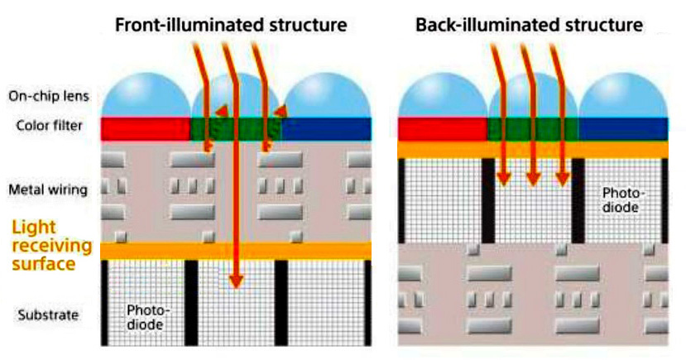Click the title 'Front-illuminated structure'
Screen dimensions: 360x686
tap(231, 25)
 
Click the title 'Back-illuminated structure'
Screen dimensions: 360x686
tap(530, 25)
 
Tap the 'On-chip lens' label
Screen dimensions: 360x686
tap(49, 95)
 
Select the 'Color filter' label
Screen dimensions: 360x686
tap(48, 126)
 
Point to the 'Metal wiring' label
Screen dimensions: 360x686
tap(47, 190)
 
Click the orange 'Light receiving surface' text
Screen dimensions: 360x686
tap(49, 245)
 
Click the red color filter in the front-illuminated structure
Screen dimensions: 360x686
tap(145, 128)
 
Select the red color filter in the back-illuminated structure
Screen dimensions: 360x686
tap(442, 128)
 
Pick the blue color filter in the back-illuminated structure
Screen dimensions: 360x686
tap(622, 128)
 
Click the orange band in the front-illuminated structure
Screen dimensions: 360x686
tap(236, 250)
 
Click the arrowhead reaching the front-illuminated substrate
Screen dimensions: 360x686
tap(237, 281)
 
